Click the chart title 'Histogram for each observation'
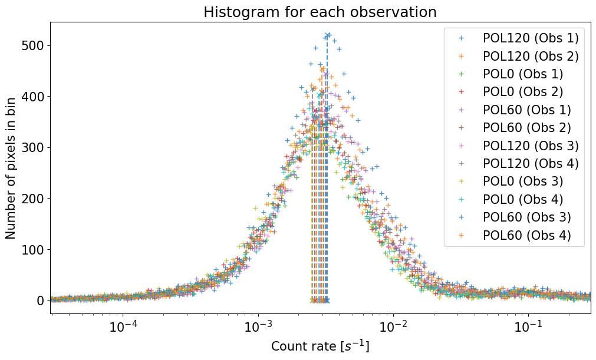click(x=320, y=12)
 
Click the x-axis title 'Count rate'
click(x=320, y=346)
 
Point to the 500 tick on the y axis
click(x=35, y=45)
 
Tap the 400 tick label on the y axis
click(x=35, y=97)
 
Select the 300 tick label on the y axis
click(x=35, y=147)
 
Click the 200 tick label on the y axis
click(x=35, y=199)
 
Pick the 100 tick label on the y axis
click(x=35, y=249)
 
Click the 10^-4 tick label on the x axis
click(x=124, y=326)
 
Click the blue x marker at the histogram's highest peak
click(x=327, y=35)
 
